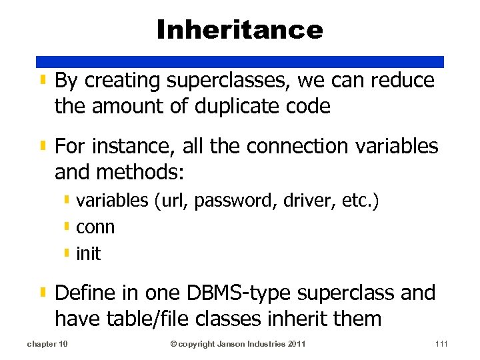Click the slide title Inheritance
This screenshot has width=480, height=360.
(240, 29)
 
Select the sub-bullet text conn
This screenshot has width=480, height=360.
(95, 227)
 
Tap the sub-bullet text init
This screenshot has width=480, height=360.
(89, 253)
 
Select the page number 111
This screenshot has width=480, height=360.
(441, 344)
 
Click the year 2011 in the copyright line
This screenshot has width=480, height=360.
(298, 344)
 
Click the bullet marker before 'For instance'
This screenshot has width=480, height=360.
(43, 145)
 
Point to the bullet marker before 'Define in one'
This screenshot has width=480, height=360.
(43, 293)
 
